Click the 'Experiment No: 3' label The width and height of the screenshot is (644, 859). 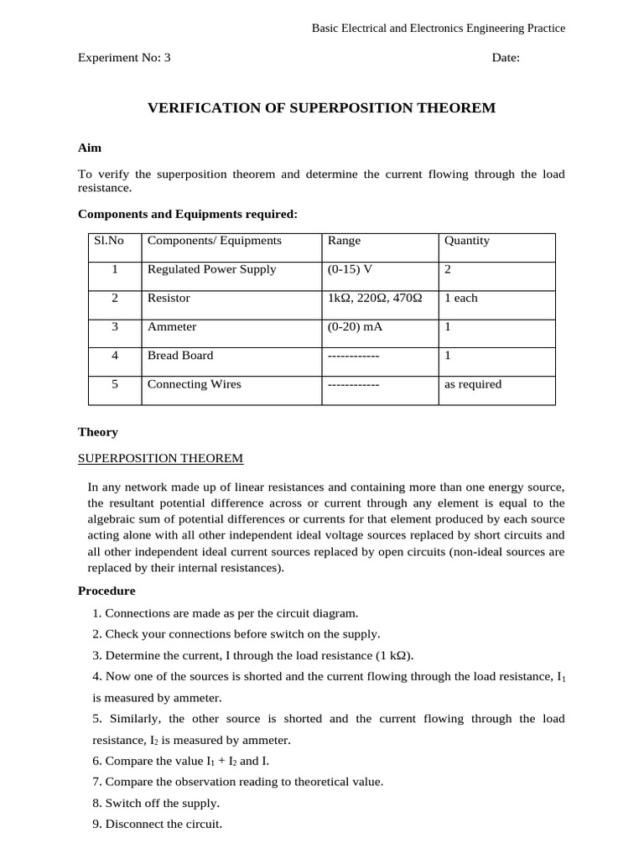point(124,58)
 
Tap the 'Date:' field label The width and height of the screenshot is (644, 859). point(506,58)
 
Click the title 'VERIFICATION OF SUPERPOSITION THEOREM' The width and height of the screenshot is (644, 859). point(322,108)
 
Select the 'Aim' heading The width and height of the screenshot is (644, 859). point(90,148)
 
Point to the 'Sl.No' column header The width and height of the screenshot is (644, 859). point(109,241)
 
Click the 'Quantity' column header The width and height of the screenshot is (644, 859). point(467,241)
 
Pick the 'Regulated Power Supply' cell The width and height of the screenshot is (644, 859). point(211,269)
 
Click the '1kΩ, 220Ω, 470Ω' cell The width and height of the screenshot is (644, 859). point(375,298)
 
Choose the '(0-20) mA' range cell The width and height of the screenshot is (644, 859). point(355,326)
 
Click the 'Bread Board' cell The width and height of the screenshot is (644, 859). point(180,355)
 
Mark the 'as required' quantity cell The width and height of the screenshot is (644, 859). point(473,384)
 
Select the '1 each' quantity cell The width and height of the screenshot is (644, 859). point(461,298)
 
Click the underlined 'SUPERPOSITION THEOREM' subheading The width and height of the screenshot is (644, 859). point(160,458)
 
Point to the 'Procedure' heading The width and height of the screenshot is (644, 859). point(106,591)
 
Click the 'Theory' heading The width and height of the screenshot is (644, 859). point(98,432)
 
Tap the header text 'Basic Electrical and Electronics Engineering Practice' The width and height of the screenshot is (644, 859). point(439,29)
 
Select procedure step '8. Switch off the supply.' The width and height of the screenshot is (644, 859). point(156,803)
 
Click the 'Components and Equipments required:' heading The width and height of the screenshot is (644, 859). point(188,214)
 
